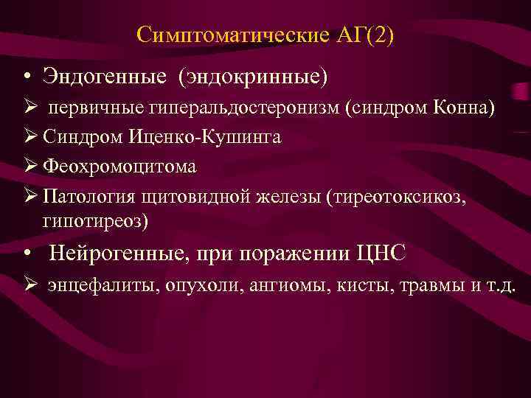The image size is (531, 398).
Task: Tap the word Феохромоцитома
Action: (119, 167)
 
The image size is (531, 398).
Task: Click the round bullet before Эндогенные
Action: (26, 77)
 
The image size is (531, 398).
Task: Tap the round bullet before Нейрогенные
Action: (26, 254)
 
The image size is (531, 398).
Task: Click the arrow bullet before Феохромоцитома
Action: (29, 167)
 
